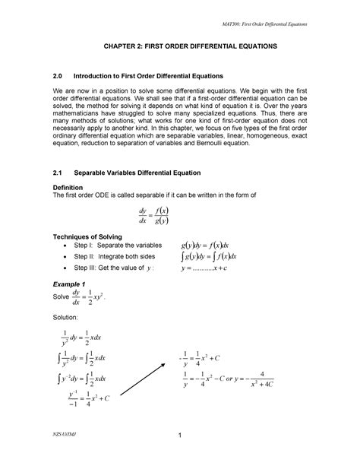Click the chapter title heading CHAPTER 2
(x=180, y=47)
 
